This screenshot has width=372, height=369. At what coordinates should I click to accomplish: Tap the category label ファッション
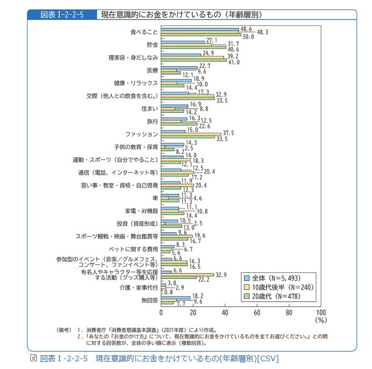pyautogui.click(x=142, y=134)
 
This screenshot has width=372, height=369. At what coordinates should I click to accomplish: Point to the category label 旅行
pyautogui.click(x=152, y=121)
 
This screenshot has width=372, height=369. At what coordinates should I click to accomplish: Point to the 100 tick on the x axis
pyautogui.click(x=321, y=312)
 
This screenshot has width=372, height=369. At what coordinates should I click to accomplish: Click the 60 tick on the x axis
pyautogui.click(x=257, y=312)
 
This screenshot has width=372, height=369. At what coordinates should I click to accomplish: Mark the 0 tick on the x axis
pyautogui.click(x=161, y=312)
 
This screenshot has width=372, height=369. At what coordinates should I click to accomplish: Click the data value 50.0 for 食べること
pyautogui.click(x=249, y=37)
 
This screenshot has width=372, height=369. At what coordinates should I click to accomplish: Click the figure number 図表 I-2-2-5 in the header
pyautogui.click(x=61, y=14)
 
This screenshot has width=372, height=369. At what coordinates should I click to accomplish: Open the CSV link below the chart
pyautogui.click(x=155, y=358)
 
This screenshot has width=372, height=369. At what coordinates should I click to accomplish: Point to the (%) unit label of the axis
pyautogui.click(x=321, y=320)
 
